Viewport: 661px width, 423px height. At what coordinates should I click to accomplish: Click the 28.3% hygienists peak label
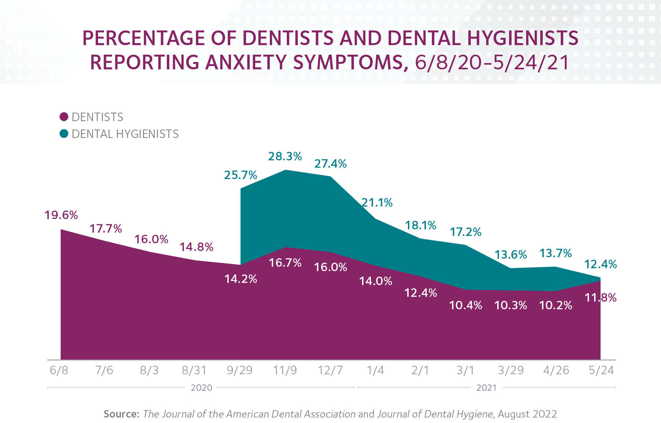point(285,157)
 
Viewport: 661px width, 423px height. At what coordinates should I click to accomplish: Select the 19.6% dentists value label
point(61,215)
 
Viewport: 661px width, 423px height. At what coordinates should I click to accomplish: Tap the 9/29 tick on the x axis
point(239,370)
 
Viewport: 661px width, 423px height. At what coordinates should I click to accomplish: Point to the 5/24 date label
point(601,370)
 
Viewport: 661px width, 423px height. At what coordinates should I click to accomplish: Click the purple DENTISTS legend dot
point(64,117)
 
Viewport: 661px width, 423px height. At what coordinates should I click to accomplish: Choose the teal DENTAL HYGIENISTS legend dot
point(64,134)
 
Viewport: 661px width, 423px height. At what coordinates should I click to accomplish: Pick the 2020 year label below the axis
point(201,388)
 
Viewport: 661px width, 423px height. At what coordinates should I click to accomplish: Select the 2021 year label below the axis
point(486,388)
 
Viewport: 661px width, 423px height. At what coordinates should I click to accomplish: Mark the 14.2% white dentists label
point(241,279)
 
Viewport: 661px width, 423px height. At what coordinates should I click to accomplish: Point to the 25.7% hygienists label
point(241,175)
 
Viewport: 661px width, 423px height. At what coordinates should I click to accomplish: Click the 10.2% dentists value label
point(556,305)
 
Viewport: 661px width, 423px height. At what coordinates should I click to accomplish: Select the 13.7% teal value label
point(556,253)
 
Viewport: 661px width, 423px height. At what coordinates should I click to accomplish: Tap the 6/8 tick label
point(59,370)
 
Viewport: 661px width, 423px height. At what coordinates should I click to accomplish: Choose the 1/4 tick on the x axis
point(375,370)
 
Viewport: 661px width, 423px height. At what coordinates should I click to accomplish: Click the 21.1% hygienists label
point(377,203)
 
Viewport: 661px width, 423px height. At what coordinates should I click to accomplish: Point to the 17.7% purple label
point(106,229)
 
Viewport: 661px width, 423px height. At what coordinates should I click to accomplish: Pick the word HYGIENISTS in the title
point(521,38)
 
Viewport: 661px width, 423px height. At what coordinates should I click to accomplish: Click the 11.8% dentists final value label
point(600,298)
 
